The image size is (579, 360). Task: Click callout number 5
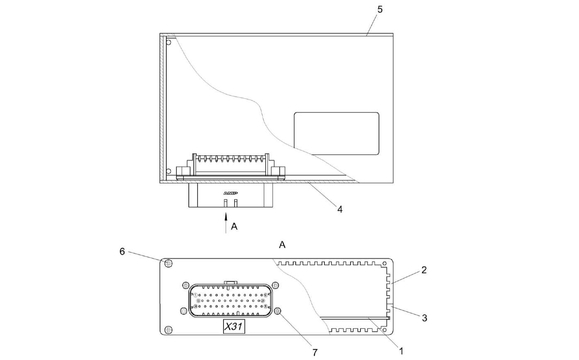tap(380, 9)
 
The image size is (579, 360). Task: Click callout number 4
tap(340, 209)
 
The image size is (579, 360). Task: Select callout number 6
tap(122, 252)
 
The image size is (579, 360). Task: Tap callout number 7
tap(315, 352)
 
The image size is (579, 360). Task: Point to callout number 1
tap(401, 351)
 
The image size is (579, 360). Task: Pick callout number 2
tap(424, 270)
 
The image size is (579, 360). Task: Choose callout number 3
tap(424, 318)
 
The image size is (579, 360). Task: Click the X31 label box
tap(234, 327)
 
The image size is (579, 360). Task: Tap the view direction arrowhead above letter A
tap(226, 216)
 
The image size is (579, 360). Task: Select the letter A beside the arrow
tap(234, 226)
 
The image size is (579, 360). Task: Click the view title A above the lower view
tap(282, 245)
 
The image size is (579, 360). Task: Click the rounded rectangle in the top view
tap(336, 134)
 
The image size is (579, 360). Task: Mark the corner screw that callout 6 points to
tap(168, 263)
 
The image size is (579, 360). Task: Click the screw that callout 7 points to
tap(278, 311)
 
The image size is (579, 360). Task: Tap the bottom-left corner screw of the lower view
tap(168, 330)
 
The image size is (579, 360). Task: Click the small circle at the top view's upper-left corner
tap(168, 42)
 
